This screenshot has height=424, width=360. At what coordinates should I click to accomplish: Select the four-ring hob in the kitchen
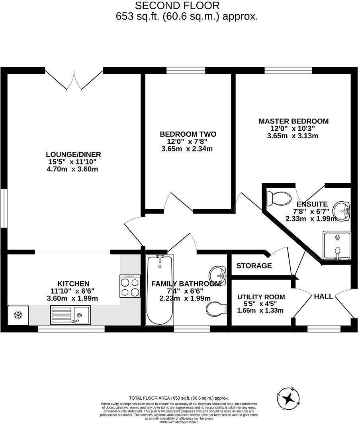[130, 286]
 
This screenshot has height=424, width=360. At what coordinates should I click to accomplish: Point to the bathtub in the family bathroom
[160, 290]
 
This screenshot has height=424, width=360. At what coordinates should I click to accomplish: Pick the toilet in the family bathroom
[216, 308]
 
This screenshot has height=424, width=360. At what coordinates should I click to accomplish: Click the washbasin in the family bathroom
[217, 274]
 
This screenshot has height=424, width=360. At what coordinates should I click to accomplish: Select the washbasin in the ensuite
[342, 210]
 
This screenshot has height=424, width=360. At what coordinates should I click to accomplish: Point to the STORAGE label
[254, 266]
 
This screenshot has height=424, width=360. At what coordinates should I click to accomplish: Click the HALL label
[323, 296]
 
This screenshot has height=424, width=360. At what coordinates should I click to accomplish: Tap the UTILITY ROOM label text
[261, 297]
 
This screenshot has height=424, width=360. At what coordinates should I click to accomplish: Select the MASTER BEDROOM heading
[293, 121]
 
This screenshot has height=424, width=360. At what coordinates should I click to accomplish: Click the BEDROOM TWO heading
[188, 134]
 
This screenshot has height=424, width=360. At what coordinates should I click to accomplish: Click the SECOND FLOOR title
[177, 6]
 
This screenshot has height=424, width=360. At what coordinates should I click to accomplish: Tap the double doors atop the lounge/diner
[74, 79]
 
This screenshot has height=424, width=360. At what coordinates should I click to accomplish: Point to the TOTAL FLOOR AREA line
[179, 398]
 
